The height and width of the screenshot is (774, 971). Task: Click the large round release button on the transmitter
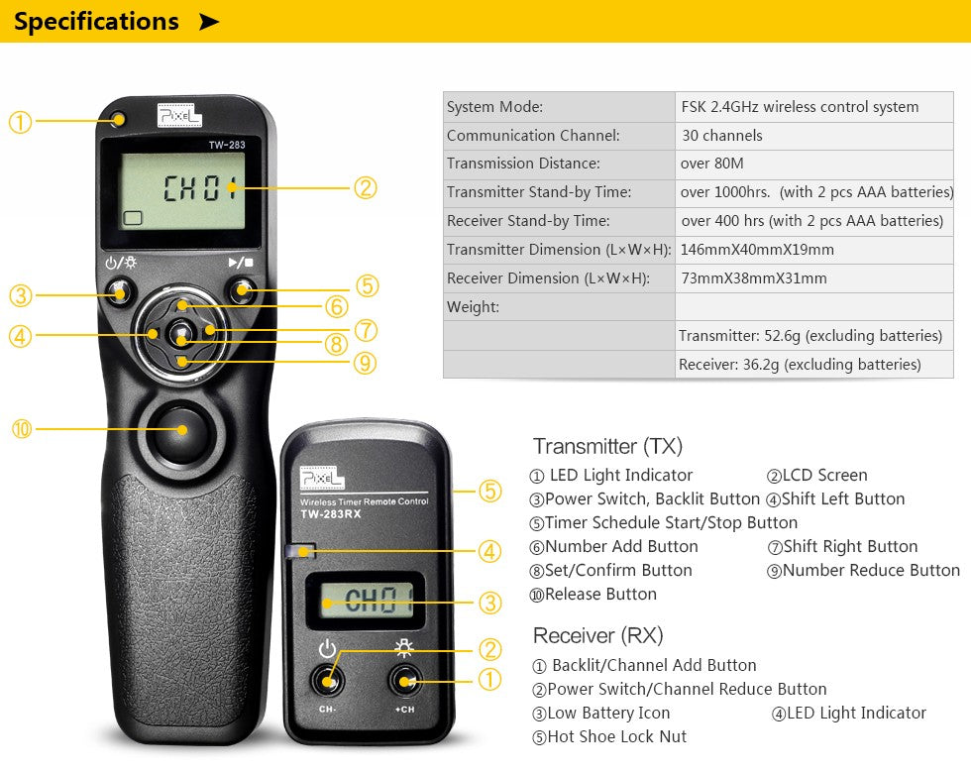point(182,428)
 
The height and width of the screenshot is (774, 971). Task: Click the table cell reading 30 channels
point(721,136)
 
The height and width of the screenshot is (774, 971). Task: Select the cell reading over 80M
point(711,164)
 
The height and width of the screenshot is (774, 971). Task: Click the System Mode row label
point(494,107)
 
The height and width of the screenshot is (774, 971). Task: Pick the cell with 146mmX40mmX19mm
point(757,250)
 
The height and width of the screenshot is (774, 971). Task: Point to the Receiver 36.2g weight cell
point(799,365)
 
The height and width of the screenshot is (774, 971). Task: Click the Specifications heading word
point(96,21)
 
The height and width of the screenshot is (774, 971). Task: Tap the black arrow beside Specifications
point(208,22)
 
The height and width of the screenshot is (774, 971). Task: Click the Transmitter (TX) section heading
point(607,446)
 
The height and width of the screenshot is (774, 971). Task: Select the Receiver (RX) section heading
point(597,635)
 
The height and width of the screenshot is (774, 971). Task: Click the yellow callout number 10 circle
point(21,429)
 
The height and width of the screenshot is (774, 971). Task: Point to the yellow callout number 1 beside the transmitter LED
point(20,122)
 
